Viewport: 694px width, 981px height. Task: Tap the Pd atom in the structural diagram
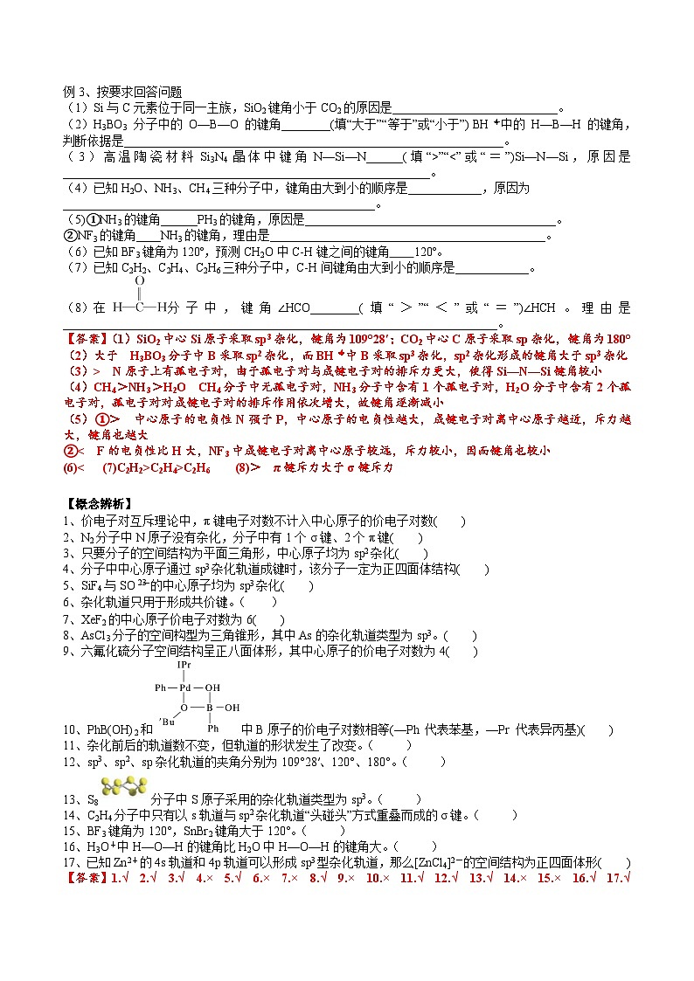(184, 687)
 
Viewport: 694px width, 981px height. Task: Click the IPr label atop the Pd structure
(184, 665)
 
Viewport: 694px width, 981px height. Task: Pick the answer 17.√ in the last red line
(617, 878)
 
